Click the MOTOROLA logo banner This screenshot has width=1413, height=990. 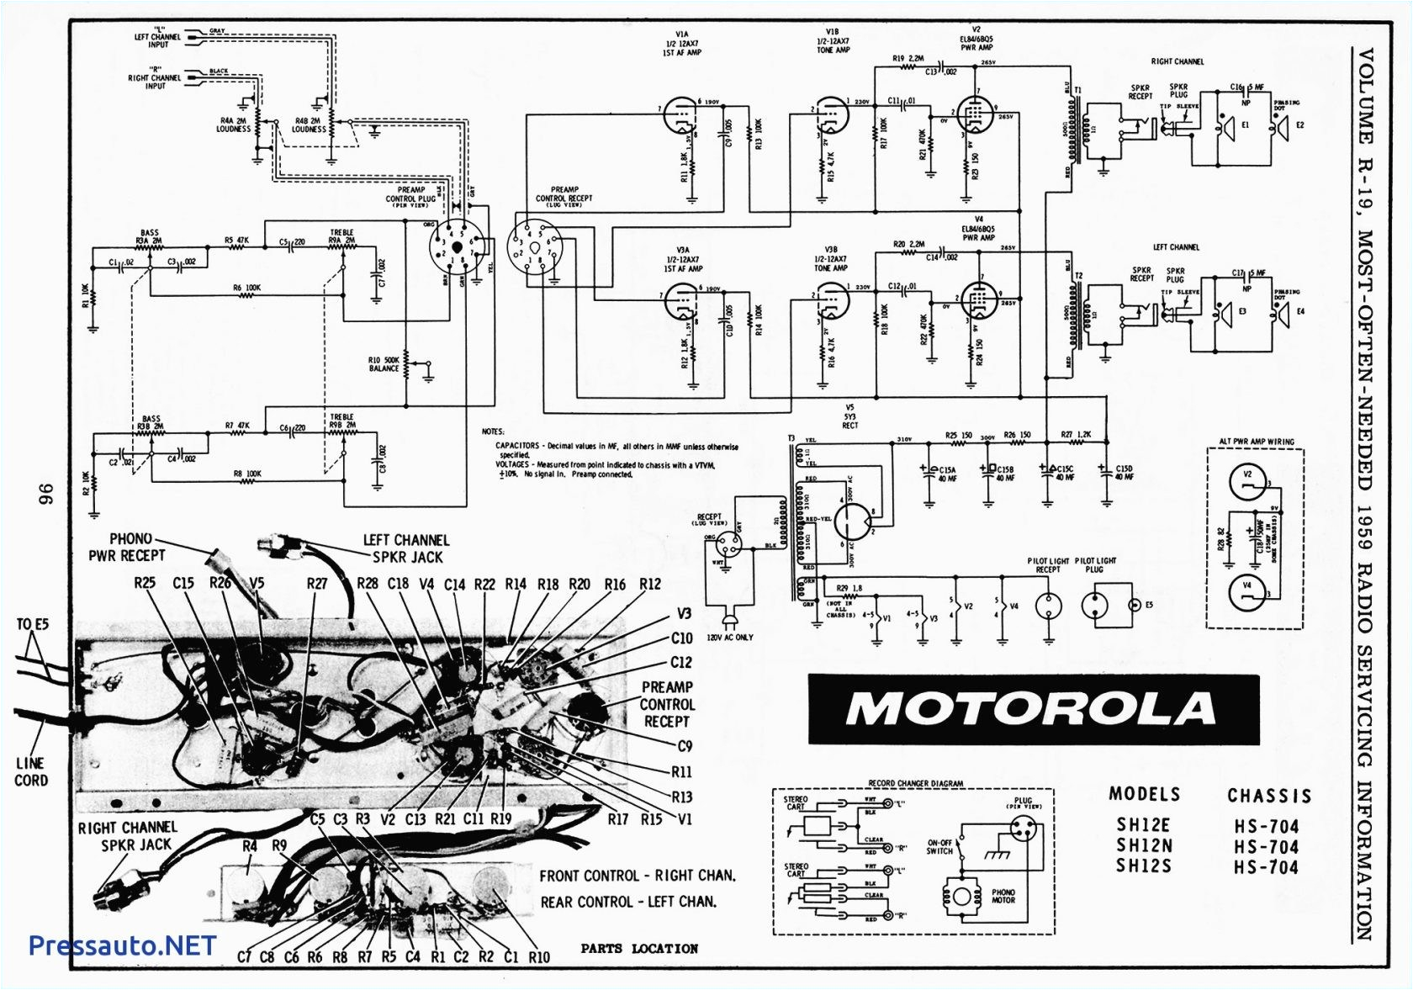click(x=1033, y=709)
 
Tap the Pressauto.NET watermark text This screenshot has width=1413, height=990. click(x=122, y=945)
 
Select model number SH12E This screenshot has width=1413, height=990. click(x=1143, y=825)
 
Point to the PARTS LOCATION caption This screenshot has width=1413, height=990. click(x=639, y=949)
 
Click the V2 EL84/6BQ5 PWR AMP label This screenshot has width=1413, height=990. click(x=976, y=39)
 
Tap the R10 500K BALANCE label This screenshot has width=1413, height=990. click(x=384, y=364)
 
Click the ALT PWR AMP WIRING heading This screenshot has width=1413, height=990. click(x=1257, y=442)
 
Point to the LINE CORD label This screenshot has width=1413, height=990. click(x=31, y=771)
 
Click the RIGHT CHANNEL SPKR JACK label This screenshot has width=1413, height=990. click(x=128, y=836)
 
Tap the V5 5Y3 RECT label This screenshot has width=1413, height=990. click(x=850, y=416)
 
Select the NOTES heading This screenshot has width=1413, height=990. click(x=493, y=431)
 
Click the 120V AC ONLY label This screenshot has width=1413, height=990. click(x=729, y=638)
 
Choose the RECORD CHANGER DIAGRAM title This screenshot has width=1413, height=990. click(x=915, y=783)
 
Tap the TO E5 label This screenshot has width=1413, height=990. click(x=33, y=624)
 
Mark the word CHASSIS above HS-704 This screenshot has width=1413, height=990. click(x=1268, y=796)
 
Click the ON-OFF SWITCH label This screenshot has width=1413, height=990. click(x=939, y=846)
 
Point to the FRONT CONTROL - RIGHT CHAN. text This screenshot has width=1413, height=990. click(x=638, y=876)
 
